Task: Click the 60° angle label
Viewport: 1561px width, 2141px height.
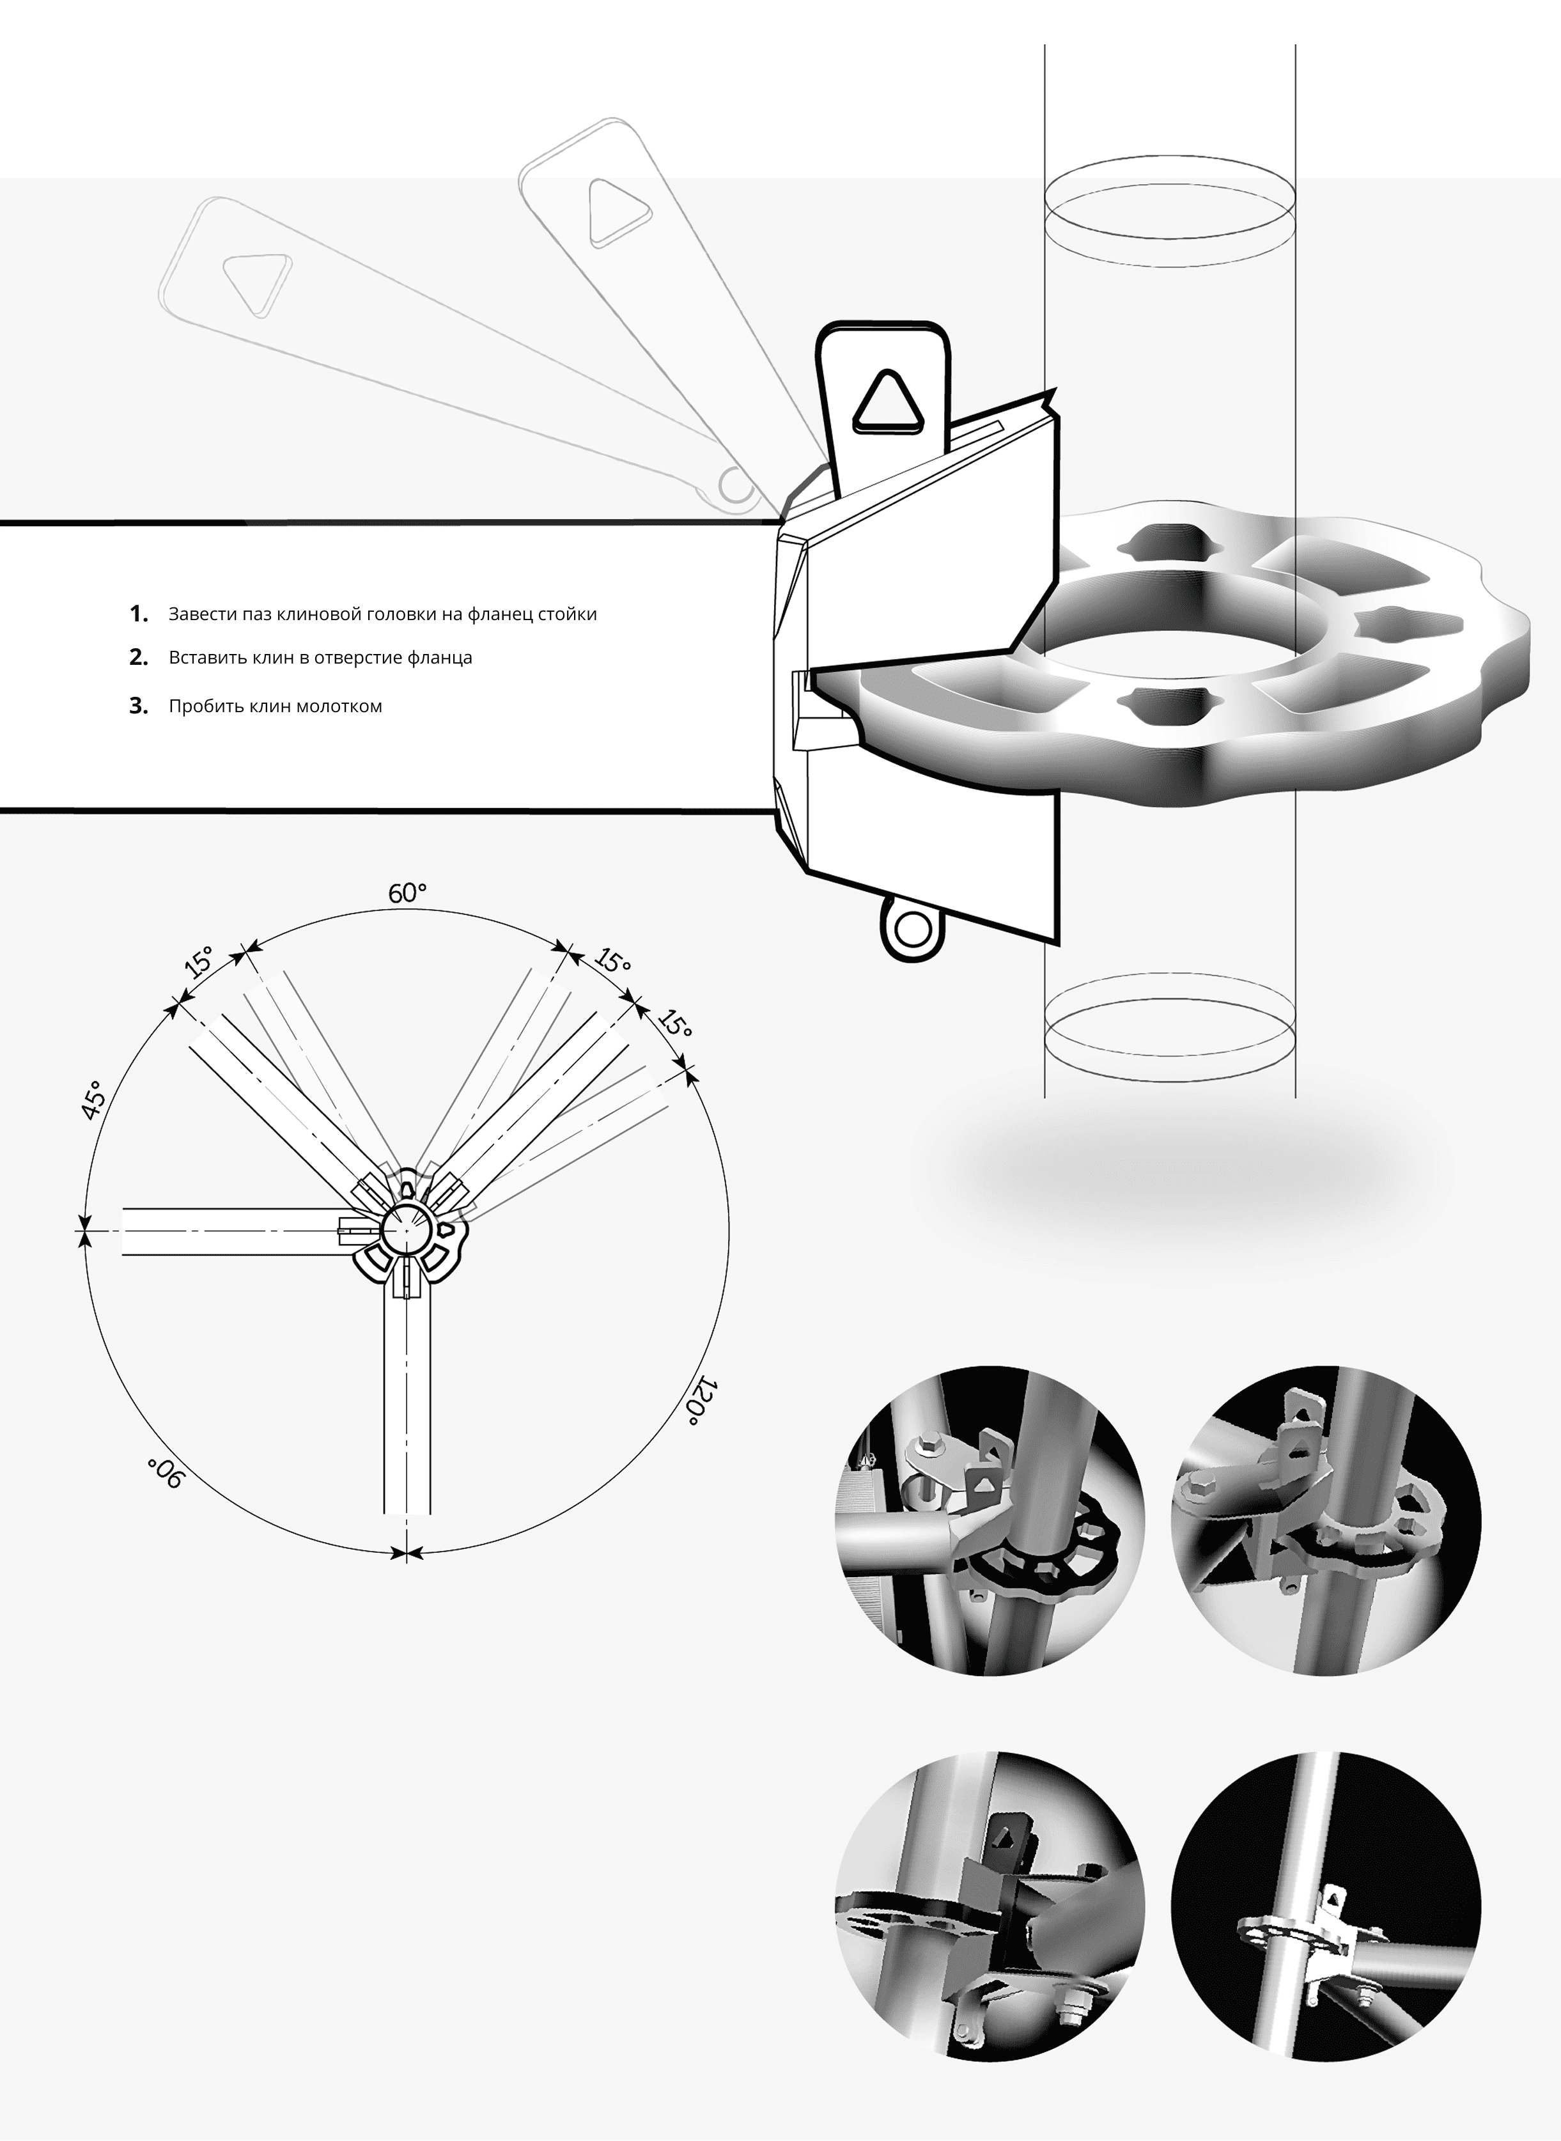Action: coord(407,893)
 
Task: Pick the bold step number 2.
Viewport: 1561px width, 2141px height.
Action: coord(139,658)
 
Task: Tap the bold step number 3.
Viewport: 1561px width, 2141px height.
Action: coord(139,706)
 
